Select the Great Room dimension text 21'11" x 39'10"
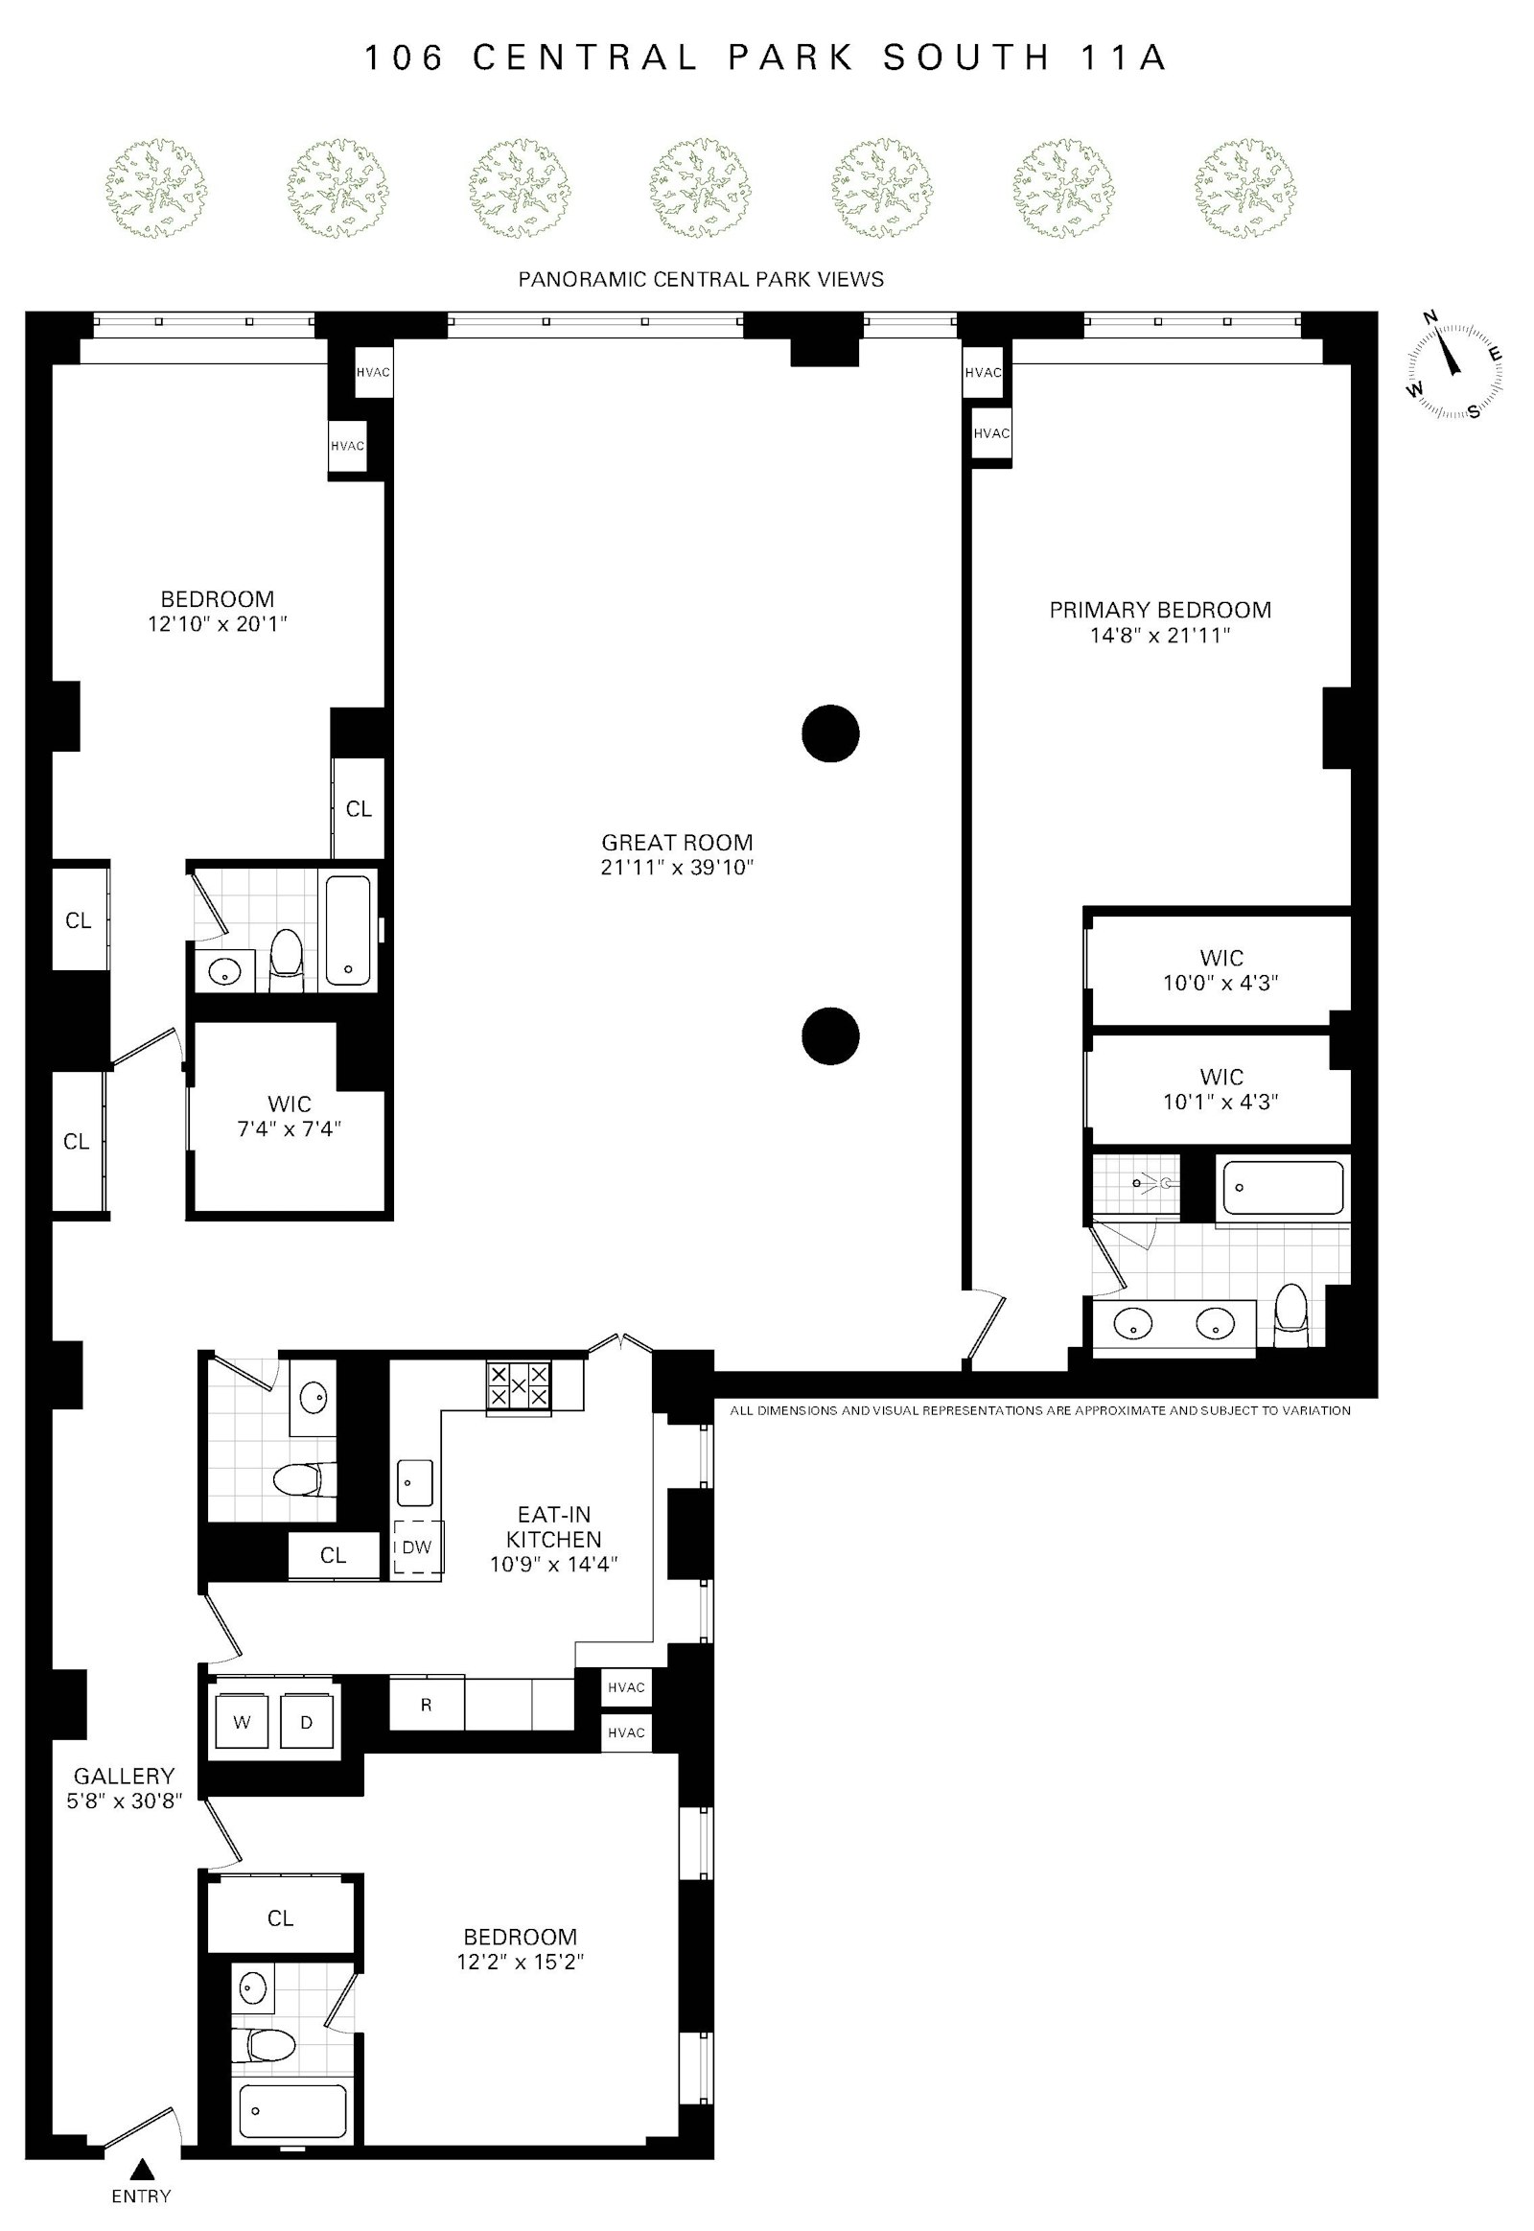[677, 868]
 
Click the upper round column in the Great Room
[830, 734]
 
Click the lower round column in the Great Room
[830, 1036]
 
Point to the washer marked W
[242, 1723]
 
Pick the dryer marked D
[307, 1723]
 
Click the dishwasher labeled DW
[418, 1547]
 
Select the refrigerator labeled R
[426, 1705]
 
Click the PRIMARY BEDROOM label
[1160, 610]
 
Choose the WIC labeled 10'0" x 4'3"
[1220, 970]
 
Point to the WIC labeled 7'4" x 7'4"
[289, 1117]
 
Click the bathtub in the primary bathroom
[1282, 1188]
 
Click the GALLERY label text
[125, 1776]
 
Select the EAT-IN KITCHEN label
[553, 1526]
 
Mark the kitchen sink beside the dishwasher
[415, 1482]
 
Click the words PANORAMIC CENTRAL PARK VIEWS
[701, 280]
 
